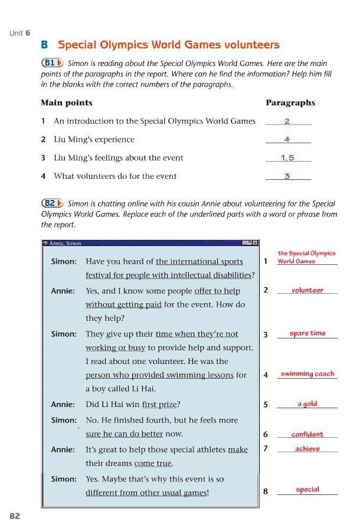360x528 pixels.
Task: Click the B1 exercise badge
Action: pos(52,63)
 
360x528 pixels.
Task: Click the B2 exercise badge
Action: pos(52,203)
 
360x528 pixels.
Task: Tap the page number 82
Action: pos(15,516)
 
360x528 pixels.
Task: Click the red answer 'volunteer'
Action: pos(307,290)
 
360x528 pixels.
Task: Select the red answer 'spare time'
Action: pos(307,333)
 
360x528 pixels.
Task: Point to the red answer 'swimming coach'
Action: pos(307,373)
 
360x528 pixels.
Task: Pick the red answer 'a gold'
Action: pos(307,404)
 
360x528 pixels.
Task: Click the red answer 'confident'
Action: pos(307,435)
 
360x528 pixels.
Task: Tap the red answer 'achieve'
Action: pos(307,449)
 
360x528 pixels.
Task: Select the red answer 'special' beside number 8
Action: pos(307,490)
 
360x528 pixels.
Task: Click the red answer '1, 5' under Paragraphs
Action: pos(287,158)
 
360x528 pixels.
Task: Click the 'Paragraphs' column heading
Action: pos(290,103)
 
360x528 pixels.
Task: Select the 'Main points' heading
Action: pos(66,103)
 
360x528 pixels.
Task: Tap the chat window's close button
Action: pos(255,243)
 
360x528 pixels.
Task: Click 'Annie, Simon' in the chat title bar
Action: pos(66,243)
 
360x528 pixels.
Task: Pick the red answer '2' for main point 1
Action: pos(287,121)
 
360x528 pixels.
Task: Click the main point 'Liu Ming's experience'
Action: pos(94,140)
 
